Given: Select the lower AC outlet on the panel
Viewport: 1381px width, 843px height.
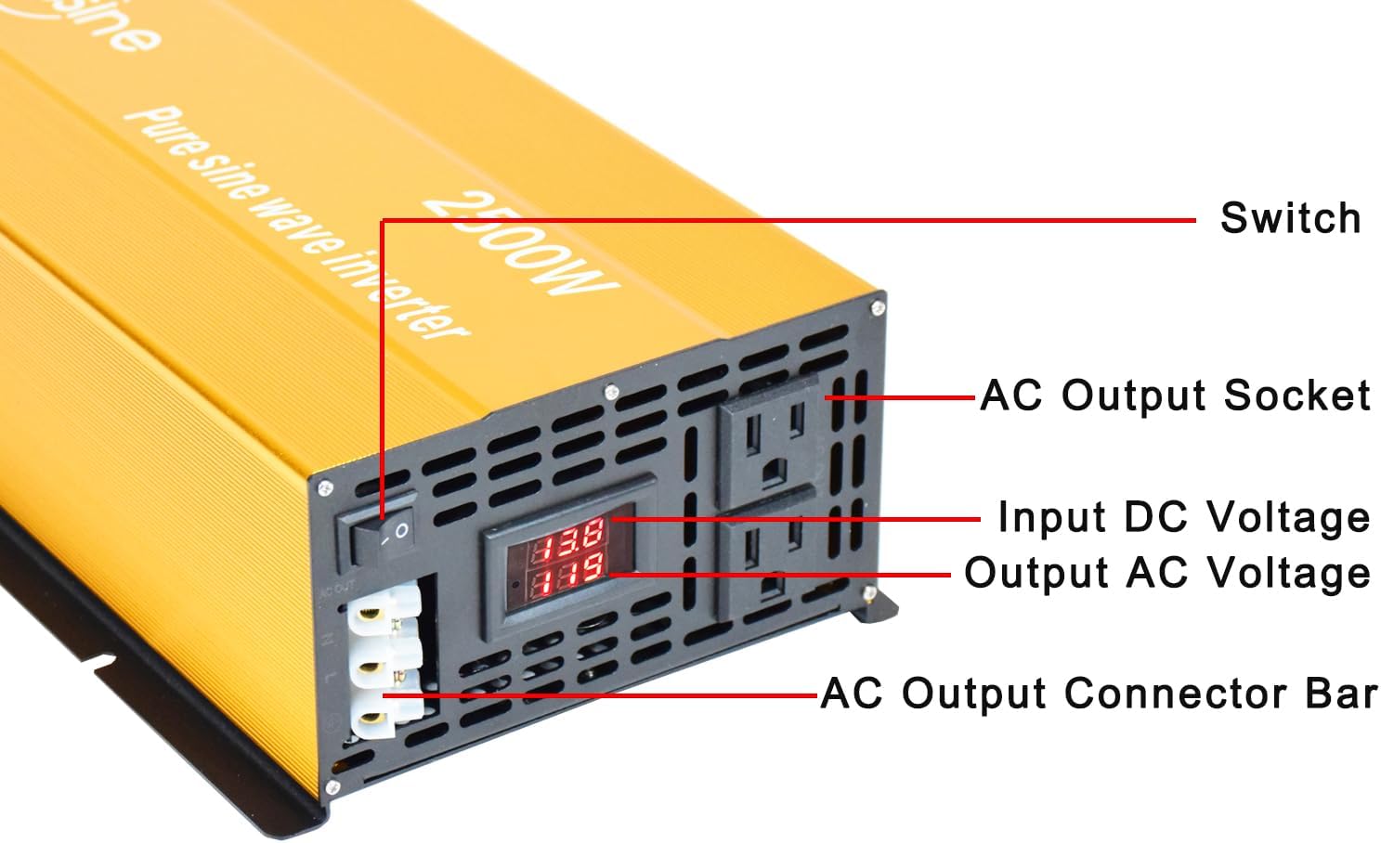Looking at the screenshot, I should point(770,564).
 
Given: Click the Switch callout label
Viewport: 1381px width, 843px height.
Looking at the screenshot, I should point(1289,218).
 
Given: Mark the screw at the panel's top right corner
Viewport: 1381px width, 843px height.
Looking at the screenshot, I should point(876,304).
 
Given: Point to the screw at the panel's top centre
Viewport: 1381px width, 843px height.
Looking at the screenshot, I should point(611,392).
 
